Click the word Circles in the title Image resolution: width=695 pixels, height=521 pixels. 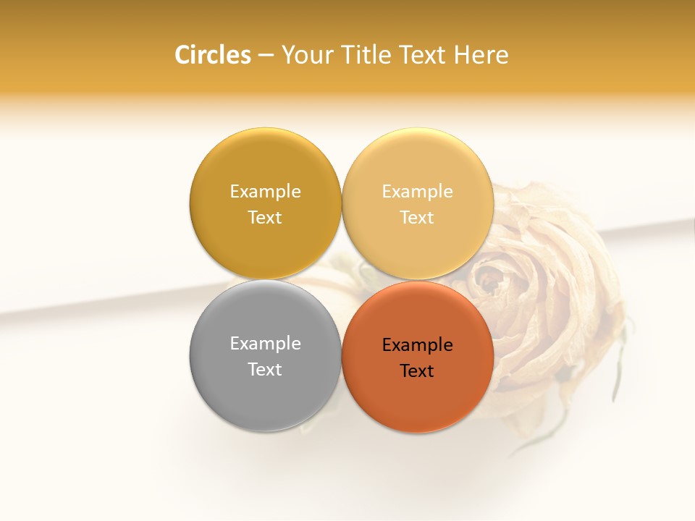pos(212,55)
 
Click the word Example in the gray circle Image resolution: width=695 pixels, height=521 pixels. pos(265,344)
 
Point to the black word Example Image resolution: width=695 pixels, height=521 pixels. pos(418,345)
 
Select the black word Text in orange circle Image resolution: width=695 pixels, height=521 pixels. pos(417,371)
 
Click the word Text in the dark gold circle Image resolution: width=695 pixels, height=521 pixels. pos(265,218)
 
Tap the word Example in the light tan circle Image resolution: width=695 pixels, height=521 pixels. pos(418,192)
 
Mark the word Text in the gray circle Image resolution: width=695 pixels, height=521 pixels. pos(265,370)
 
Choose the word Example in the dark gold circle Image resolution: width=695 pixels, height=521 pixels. pos(265,192)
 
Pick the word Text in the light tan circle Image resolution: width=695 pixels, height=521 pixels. pos(417,218)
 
